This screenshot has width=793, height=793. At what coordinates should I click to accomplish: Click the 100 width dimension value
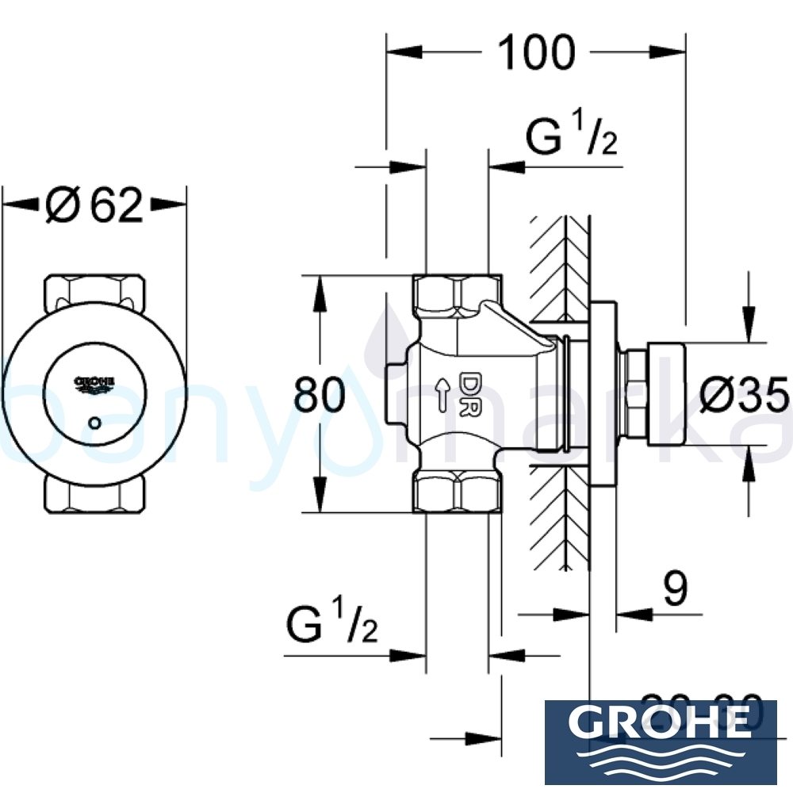535,52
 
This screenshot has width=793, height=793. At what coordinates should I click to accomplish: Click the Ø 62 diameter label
95,205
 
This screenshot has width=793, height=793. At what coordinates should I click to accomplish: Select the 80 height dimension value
320,394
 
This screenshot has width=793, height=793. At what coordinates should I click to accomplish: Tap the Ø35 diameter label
745,394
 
